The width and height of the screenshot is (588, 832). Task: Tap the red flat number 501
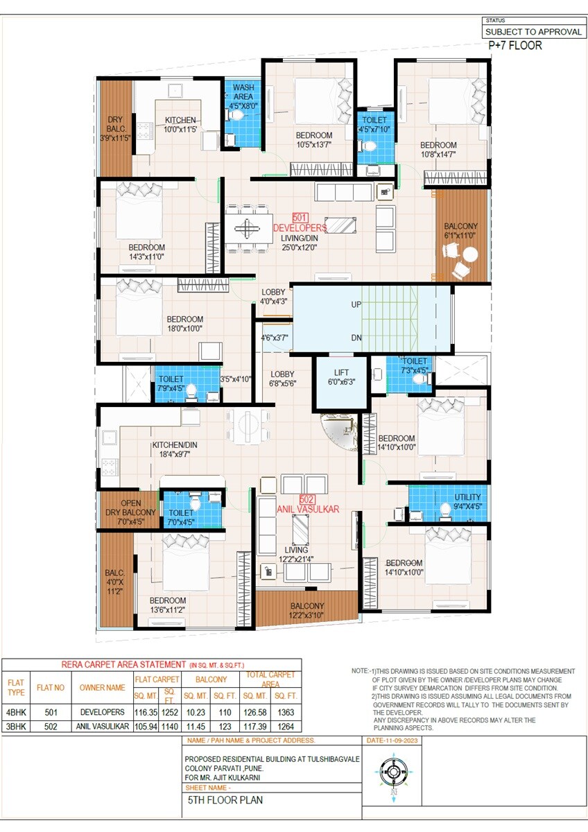(300, 218)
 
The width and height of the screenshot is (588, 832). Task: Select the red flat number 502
(307, 499)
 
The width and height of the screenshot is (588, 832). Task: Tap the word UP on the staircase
(356, 304)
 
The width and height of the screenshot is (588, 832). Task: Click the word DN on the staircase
(356, 338)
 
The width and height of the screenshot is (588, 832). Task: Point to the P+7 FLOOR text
(515, 46)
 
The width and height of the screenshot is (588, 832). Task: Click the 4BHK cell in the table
(16, 712)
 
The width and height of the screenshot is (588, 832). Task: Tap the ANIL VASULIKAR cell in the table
(101, 726)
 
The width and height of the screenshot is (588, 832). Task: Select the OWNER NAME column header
(101, 688)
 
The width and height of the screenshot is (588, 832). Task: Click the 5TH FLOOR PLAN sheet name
(225, 799)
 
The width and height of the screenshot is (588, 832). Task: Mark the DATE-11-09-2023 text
(392, 740)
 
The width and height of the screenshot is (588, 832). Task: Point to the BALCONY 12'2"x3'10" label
(306, 610)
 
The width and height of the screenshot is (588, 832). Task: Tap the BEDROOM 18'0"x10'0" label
(184, 324)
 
